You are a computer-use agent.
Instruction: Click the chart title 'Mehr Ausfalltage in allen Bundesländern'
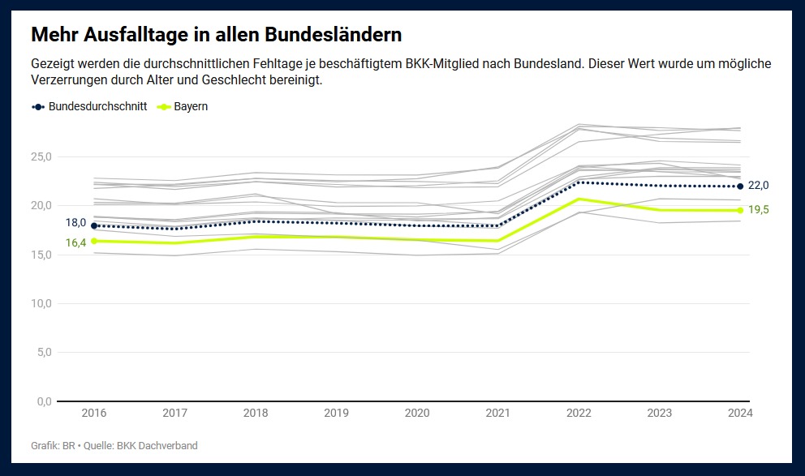pos(216,36)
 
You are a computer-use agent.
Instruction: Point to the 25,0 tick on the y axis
pos(41,157)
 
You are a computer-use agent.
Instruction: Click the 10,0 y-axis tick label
pos(41,303)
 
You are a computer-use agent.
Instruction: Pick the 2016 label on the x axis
pos(94,414)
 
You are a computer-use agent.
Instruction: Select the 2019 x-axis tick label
pos(337,414)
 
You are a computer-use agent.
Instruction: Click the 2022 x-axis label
pos(579,414)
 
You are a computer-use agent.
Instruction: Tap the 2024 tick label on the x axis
pos(740,414)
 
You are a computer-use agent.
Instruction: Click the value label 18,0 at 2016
pos(75,222)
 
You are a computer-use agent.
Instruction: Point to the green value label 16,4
pos(75,242)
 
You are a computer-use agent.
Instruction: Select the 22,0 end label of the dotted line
pos(759,186)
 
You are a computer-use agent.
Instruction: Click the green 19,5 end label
pos(759,210)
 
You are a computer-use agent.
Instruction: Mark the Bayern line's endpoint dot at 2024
pos(740,210)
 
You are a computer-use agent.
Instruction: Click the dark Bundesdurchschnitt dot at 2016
pos(94,225)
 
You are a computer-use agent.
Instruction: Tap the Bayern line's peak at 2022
pos(579,199)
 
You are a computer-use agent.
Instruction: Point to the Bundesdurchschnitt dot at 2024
pos(740,187)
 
